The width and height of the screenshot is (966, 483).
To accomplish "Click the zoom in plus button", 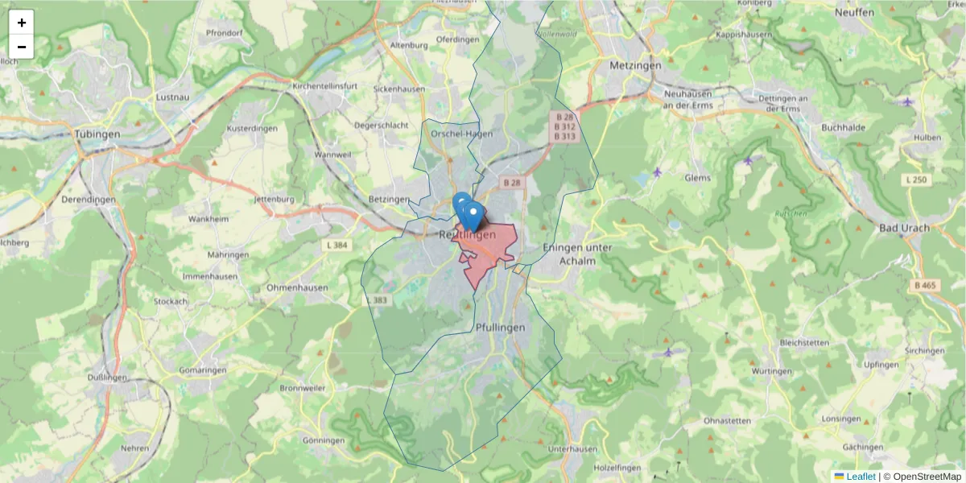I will pos(22,23).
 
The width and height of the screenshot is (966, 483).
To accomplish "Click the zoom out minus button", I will pos(22,47).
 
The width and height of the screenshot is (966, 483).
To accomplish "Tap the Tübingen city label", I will pos(97,134).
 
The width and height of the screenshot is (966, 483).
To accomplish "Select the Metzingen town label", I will pos(635,65).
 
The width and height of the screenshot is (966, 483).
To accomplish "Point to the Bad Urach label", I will pos(903,228).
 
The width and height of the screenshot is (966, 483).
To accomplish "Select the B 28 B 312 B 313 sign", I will pos(564,127).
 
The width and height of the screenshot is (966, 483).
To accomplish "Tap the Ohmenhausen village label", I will pos(297,287).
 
